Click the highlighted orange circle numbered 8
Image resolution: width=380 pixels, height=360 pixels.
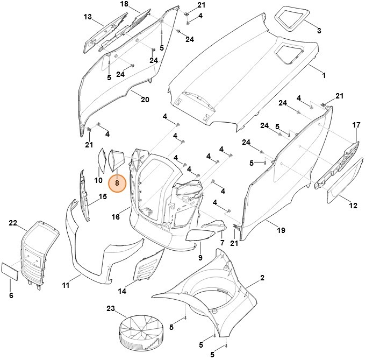117,183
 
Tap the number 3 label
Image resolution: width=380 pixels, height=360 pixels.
319,31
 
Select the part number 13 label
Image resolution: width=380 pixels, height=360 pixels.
88,17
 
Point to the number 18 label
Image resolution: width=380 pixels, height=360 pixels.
124,4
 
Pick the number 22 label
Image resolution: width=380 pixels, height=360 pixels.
13,223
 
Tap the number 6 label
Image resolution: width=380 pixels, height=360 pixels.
11,295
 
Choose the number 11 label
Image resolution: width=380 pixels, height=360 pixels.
66,285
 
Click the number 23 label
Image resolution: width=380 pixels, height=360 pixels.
111,309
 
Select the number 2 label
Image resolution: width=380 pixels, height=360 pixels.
262,278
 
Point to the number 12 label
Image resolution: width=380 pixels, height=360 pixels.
353,206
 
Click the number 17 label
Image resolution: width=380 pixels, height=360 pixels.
356,125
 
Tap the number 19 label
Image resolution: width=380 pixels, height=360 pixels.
281,231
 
